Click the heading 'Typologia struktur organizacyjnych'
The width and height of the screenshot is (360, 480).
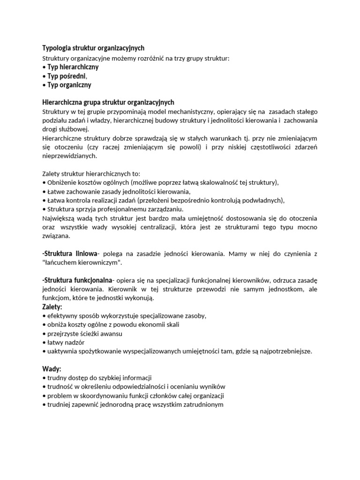click(93, 48)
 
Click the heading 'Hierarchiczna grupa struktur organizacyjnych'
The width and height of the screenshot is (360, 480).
click(108, 103)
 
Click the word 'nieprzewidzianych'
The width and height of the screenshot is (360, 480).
click(69, 156)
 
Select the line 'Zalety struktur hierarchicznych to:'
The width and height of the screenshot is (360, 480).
click(91, 173)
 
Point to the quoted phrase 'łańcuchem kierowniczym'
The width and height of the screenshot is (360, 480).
click(82, 262)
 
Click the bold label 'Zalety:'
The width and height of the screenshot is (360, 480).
click(52, 307)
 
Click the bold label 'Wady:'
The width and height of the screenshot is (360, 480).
click(52, 369)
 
